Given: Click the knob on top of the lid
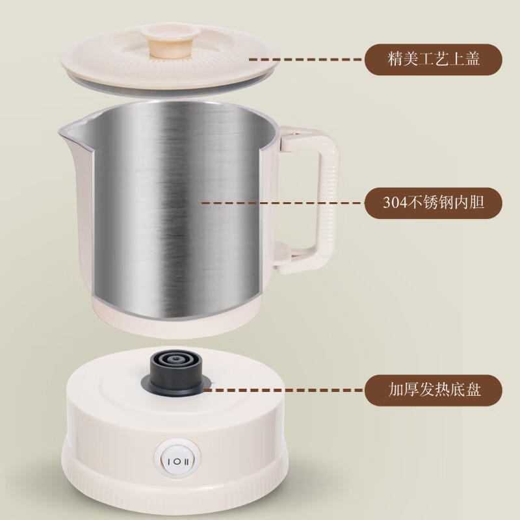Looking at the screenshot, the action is point(170,41).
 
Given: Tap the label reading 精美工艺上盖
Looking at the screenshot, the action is point(434,59).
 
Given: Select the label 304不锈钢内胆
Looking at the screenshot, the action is point(434,203).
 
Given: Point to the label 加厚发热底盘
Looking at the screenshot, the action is point(434,390).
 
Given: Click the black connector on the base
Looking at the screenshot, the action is point(175,374).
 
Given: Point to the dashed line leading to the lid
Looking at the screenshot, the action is point(305,60).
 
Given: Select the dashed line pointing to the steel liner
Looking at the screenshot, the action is point(281,203).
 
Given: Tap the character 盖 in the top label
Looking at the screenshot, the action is point(472,59).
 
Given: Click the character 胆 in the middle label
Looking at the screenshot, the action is point(476,203).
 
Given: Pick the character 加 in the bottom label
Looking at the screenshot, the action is point(396,390).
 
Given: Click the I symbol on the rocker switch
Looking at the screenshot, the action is point(169,461).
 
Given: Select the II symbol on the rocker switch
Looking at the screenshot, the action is point(187,461).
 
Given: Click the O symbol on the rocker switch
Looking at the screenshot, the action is point(177,461).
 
